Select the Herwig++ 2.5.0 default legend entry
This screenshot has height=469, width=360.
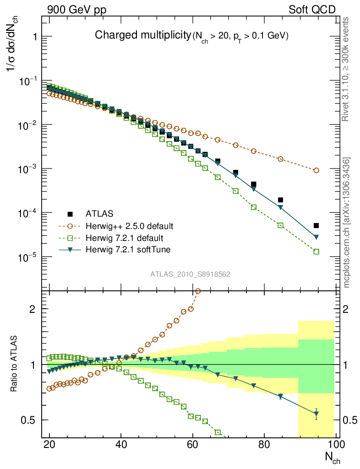(x=129, y=226)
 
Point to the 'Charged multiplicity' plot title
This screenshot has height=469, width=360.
(x=142, y=35)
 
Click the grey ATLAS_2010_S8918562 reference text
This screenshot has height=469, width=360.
(x=190, y=274)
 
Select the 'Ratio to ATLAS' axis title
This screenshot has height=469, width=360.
(x=14, y=364)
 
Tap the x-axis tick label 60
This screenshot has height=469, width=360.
(x=193, y=444)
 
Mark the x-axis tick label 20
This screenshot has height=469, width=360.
(x=49, y=444)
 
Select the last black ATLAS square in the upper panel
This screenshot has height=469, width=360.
(x=316, y=225)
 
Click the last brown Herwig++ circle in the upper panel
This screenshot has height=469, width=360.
(x=316, y=170)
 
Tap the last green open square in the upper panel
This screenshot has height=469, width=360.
(x=316, y=251)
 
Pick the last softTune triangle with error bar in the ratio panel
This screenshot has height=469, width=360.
(x=316, y=414)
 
